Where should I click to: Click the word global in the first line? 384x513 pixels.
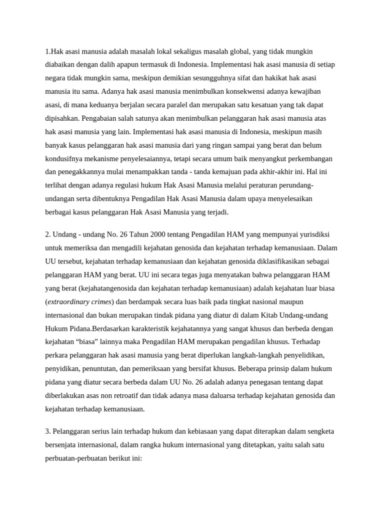[x=237, y=52]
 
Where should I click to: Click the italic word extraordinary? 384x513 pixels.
[x=71, y=302]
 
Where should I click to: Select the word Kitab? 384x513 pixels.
[x=271, y=315]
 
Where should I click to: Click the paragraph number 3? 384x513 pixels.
[x=47, y=431]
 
